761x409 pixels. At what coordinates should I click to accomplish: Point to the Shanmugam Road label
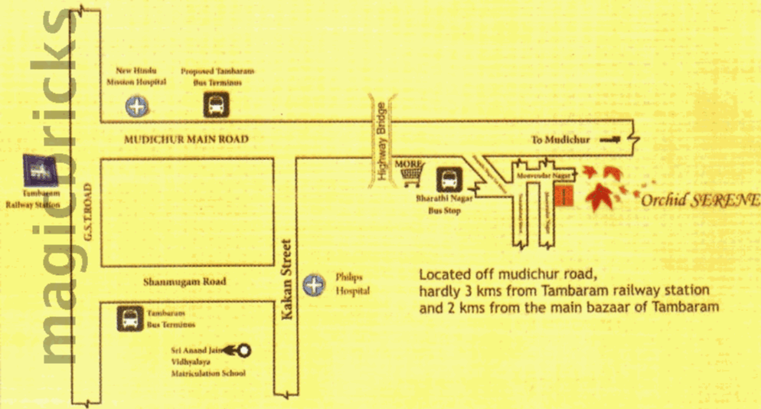(185, 282)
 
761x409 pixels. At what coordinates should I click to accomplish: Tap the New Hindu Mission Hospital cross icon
(137, 106)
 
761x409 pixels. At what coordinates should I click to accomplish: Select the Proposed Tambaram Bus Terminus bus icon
(215, 105)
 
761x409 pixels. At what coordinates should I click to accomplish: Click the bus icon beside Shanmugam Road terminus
(128, 319)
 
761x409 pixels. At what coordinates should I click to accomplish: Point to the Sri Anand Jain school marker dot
(244, 351)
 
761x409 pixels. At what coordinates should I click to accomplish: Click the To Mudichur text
(560, 140)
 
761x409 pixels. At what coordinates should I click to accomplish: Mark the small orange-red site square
(564, 196)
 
